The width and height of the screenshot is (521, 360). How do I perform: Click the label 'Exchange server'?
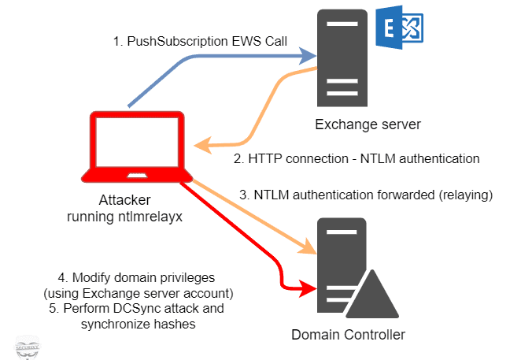361,124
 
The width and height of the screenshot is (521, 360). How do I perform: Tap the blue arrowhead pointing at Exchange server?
307,55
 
